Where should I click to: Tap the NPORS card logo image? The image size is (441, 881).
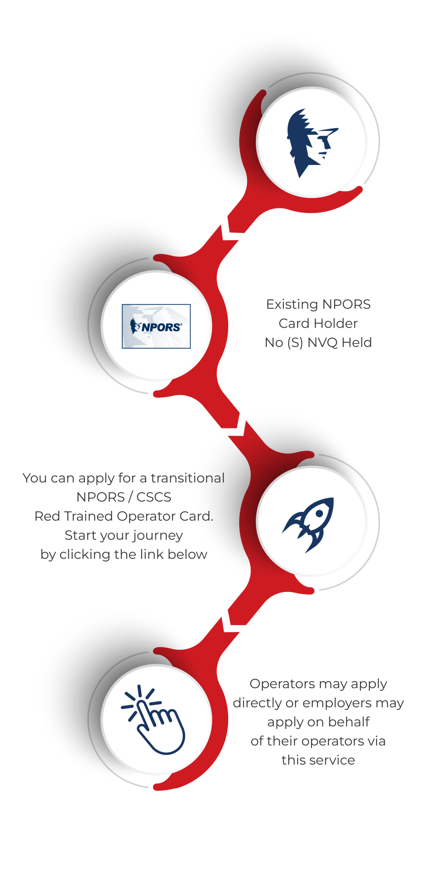tap(156, 326)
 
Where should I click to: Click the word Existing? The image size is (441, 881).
tap(292, 305)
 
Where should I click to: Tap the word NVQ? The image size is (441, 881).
tap(322, 343)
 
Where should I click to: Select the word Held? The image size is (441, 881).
tap(356, 343)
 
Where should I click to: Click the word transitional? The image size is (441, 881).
tap(187, 478)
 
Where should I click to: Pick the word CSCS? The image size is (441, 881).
tap(154, 497)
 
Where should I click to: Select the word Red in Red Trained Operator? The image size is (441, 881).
tap(47, 516)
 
